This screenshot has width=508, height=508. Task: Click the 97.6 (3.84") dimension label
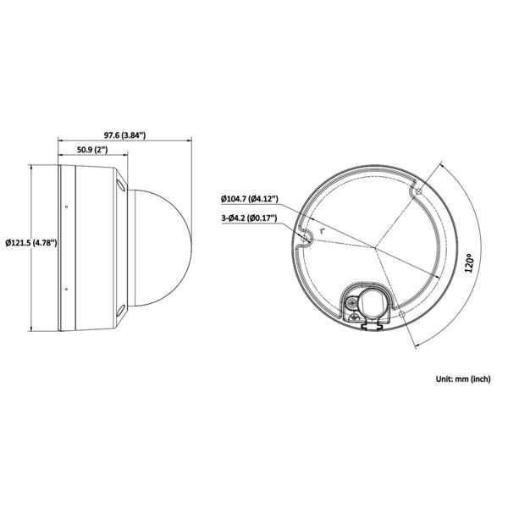[124, 135]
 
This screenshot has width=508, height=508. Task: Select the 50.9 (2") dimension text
[92, 150]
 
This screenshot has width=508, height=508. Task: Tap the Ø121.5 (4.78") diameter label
[31, 243]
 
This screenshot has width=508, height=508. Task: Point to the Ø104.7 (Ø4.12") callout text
[250, 199]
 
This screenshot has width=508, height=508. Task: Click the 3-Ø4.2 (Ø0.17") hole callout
[249, 218]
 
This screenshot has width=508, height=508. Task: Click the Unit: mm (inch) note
[463, 378]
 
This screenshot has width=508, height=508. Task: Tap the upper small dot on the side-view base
[66, 207]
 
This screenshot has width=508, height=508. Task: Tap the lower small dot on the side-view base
[66, 289]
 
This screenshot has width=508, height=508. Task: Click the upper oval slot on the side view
[121, 185]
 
